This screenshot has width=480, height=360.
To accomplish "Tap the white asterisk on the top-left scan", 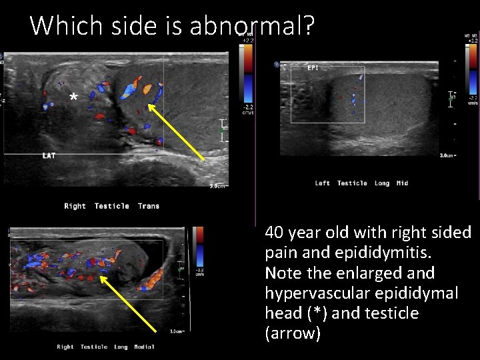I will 73,99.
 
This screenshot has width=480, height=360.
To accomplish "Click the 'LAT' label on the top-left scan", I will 49,156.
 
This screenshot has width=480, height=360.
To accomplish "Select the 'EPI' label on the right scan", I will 312,67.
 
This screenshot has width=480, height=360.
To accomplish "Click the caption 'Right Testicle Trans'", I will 111,206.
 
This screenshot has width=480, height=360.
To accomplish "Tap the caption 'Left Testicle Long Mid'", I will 361,183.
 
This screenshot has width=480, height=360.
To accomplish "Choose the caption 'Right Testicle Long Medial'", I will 105,347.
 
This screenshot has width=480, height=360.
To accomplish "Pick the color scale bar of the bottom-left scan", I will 198,250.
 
